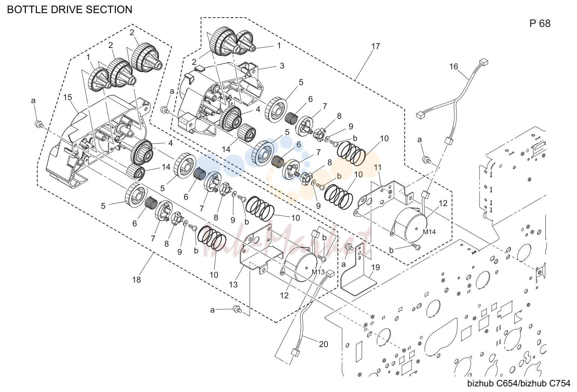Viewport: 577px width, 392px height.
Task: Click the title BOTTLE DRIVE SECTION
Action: click(x=69, y=9)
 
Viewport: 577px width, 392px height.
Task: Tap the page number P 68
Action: click(x=540, y=23)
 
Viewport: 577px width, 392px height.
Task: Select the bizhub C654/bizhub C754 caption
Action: click(x=519, y=383)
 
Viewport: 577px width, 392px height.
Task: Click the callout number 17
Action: click(x=376, y=46)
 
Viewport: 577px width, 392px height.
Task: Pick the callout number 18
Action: click(x=137, y=280)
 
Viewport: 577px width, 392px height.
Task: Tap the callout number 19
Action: click(x=376, y=268)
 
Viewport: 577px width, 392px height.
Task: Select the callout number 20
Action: click(x=323, y=344)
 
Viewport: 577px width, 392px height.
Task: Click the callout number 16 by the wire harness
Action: click(x=454, y=67)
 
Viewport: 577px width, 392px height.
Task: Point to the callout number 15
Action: click(x=68, y=97)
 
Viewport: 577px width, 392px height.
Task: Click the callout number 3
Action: click(x=282, y=66)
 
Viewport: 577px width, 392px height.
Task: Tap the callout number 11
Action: click(x=378, y=167)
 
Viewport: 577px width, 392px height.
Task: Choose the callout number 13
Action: click(x=233, y=284)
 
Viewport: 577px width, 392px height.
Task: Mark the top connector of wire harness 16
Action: click(x=484, y=62)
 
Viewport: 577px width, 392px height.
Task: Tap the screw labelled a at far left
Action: click(x=39, y=124)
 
